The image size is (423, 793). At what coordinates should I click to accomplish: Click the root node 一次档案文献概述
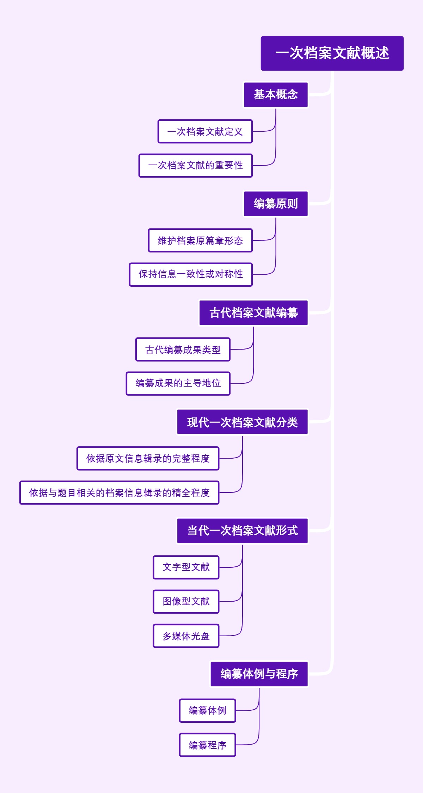coord(332,53)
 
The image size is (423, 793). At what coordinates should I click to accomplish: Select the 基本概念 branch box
coord(276,95)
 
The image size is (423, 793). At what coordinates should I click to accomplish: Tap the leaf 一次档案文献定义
coord(205,132)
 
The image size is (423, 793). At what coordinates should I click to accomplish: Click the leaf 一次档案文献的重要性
coord(196,166)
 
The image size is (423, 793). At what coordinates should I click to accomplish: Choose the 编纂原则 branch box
coord(276,204)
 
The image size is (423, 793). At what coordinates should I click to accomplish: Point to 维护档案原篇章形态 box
coord(200,241)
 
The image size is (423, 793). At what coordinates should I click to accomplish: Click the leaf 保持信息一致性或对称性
coord(191,274)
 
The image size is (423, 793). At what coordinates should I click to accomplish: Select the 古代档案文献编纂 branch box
coord(253,313)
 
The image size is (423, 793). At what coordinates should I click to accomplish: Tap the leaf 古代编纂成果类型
coord(183,350)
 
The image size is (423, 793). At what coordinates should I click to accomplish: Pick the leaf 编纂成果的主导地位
coord(178,383)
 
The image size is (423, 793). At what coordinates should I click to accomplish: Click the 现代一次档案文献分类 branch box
coord(242,422)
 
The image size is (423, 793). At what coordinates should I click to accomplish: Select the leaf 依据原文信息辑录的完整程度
coord(148,459)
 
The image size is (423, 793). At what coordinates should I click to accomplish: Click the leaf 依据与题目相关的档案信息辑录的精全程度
coord(119,493)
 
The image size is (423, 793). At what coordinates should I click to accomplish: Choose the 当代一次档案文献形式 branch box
coord(242,531)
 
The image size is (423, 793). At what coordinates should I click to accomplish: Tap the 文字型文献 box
coord(186,567)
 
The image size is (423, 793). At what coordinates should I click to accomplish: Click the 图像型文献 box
coord(186,602)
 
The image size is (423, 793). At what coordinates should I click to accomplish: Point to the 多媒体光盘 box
coord(186,636)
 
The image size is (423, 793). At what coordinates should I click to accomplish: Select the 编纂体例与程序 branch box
coord(259,674)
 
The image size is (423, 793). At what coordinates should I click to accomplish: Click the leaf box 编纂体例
coord(207,711)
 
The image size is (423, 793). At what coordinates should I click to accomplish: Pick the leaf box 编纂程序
coord(207,745)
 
